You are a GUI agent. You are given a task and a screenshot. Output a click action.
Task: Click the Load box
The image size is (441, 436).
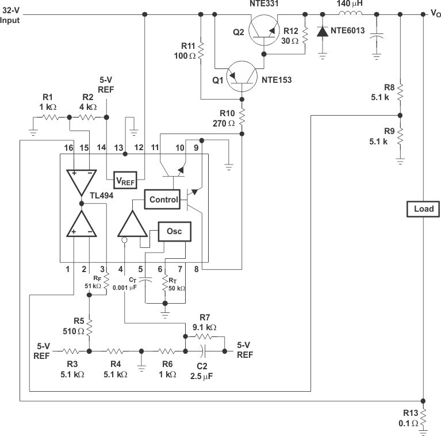coord(424,209)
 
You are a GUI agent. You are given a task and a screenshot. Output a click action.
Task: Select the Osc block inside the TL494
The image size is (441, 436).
coord(174,231)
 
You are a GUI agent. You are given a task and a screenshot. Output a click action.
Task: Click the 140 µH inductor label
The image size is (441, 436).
coord(351,4)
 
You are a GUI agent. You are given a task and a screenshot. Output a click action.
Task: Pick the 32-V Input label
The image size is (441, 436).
coord(10,16)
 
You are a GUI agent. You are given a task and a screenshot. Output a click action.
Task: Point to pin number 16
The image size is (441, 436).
coord(68,148)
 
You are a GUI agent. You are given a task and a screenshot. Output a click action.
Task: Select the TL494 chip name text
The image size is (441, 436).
coord(101,195)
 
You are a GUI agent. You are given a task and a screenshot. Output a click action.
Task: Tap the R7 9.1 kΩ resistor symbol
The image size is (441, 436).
coord(204,337)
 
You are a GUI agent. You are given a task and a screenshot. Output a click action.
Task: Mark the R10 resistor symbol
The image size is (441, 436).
coord(242,118)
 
